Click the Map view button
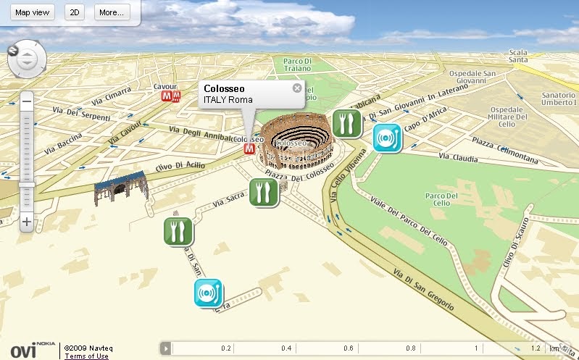[32, 12]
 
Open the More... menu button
[111, 12]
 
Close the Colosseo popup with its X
[296, 88]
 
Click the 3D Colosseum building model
[295, 144]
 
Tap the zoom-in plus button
[26, 222]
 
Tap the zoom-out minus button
[26, 102]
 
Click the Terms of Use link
[86, 356]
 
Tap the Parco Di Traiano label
[297, 64]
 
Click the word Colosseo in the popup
[224, 89]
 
